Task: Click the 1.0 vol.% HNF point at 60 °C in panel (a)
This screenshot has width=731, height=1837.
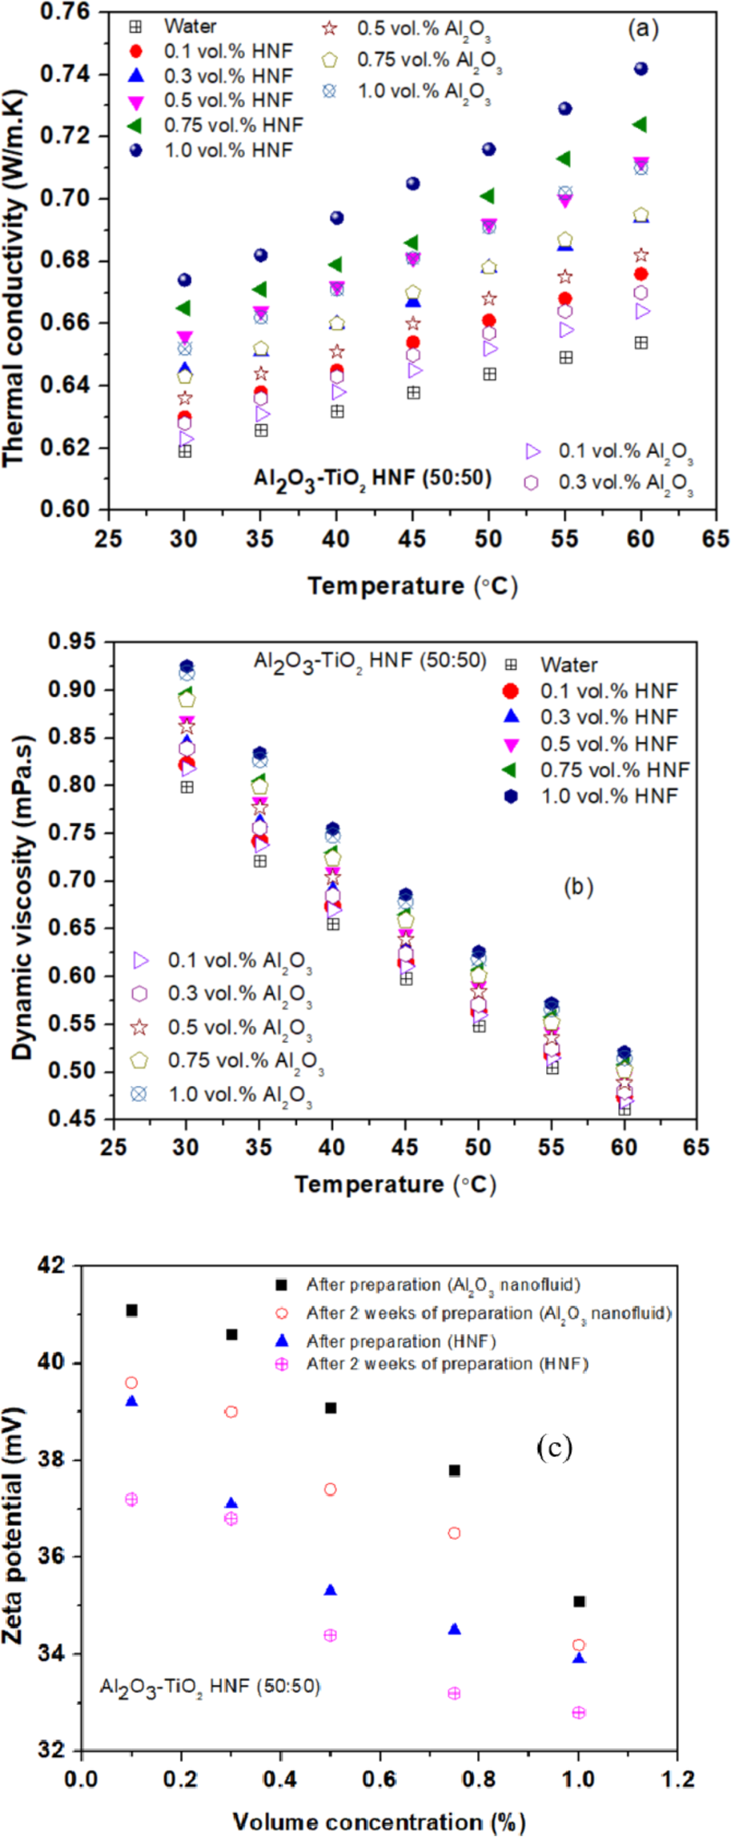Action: [641, 69]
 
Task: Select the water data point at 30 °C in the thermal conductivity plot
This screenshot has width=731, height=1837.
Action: [185, 451]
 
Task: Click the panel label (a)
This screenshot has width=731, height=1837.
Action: [643, 30]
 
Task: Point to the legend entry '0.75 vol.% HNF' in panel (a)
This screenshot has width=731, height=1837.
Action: [233, 125]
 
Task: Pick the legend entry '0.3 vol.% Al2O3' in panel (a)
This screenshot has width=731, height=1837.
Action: [625, 483]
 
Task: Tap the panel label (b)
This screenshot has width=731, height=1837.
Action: [578, 887]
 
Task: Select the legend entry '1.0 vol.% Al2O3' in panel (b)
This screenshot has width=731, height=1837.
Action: [239, 1094]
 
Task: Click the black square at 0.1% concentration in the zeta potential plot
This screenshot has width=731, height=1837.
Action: [132, 1310]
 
